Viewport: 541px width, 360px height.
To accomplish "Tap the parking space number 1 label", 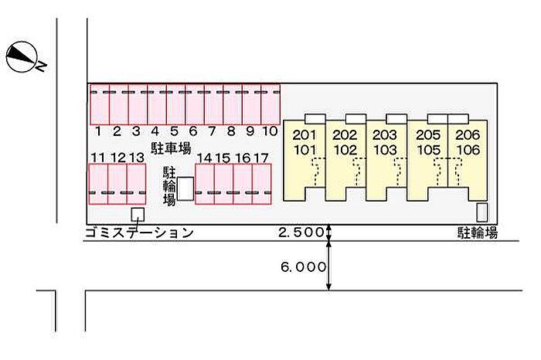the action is [98, 131].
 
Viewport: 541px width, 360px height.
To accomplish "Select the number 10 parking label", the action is [270, 131].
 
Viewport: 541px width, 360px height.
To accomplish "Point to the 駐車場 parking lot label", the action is [171, 148].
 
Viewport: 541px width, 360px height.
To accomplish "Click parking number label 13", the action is [137, 158].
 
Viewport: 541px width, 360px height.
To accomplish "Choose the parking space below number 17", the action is [261, 184].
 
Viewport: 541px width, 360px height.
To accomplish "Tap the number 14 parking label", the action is [204, 158].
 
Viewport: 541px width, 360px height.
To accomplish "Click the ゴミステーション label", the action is [139, 233].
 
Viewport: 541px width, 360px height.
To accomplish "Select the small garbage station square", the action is [138, 215].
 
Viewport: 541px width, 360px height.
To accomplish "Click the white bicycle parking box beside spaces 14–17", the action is [185, 188].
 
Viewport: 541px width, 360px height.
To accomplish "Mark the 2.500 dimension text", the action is [301, 232].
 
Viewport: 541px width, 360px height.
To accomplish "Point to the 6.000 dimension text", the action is [303, 267].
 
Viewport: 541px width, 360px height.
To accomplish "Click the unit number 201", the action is [304, 135].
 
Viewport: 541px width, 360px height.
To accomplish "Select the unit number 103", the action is [385, 150].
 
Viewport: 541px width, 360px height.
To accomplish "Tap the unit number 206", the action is [468, 135].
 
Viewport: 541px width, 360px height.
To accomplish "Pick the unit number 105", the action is [428, 150].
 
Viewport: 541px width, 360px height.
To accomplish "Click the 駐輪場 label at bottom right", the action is [478, 233].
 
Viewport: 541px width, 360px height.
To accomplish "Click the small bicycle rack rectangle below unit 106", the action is [482, 212].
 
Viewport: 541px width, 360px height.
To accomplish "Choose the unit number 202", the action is [345, 135].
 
